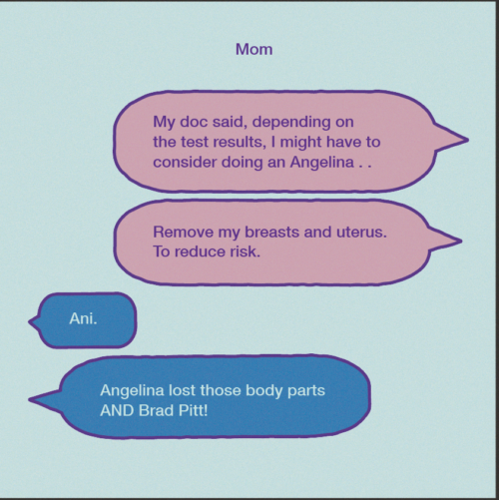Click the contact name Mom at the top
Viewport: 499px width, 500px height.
tap(254, 49)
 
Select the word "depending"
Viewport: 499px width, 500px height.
tap(291, 123)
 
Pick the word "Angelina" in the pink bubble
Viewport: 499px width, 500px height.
tap(322, 163)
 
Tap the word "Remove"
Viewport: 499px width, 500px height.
tap(184, 232)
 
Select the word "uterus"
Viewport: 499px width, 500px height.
tap(361, 232)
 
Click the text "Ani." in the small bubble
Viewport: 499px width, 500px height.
tap(83, 318)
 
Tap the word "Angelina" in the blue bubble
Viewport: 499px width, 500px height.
tap(132, 391)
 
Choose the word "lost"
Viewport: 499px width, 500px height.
tap(182, 390)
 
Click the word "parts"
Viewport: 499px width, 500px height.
tap(306, 391)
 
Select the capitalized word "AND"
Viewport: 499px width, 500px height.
tap(118, 410)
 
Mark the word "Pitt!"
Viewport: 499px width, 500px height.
tap(194, 410)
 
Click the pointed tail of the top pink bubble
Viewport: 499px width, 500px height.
tap(467, 140)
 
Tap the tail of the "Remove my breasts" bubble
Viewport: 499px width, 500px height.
tap(460, 241)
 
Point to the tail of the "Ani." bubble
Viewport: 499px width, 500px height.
tap(30, 322)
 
